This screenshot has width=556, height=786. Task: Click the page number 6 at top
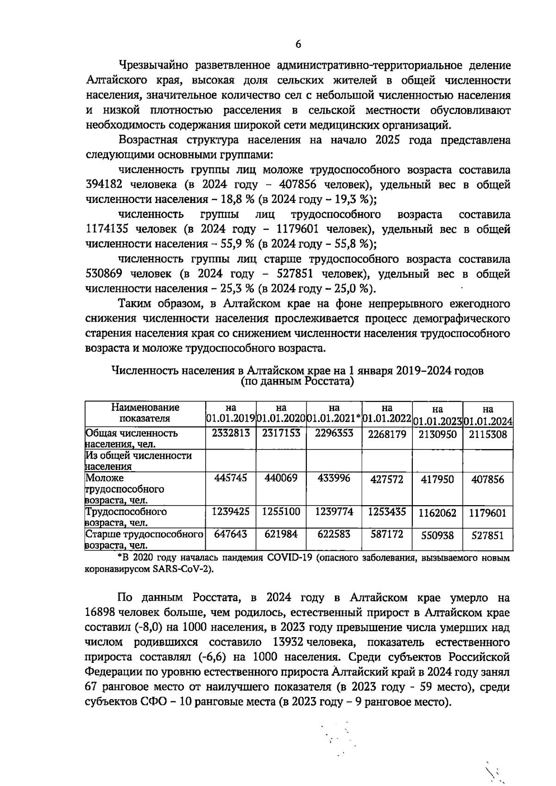click(x=298, y=44)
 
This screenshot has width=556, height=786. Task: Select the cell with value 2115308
click(x=487, y=435)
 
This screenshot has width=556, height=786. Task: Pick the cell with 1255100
click(x=281, y=512)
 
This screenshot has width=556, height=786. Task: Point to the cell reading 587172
click(x=387, y=534)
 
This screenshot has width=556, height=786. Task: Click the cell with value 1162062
click(x=437, y=513)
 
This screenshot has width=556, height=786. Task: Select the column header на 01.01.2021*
click(x=334, y=413)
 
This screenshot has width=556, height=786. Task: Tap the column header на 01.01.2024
click(x=487, y=415)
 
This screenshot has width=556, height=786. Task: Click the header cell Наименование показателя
click(x=145, y=412)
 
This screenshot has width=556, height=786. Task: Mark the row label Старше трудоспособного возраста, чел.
click(x=145, y=539)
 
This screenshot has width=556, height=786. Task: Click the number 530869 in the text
click(x=104, y=274)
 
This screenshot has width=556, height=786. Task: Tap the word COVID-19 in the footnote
click(x=290, y=558)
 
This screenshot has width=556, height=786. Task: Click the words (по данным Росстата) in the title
click(x=297, y=381)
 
